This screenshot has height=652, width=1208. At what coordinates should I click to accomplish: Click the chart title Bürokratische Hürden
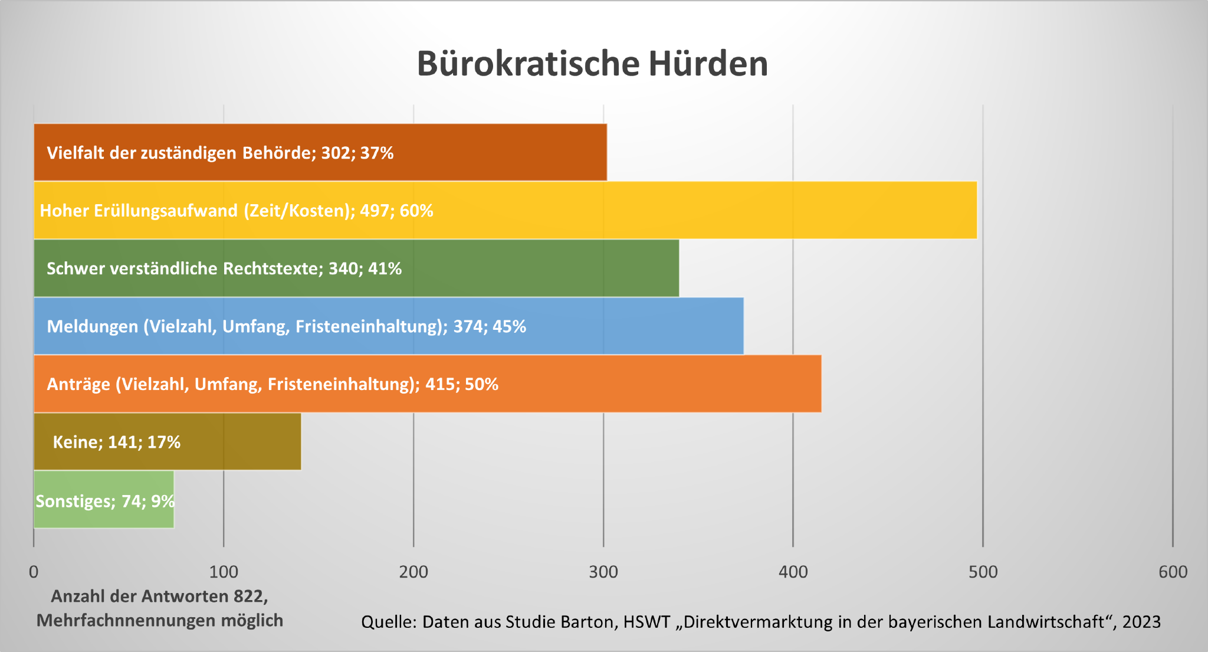point(592,64)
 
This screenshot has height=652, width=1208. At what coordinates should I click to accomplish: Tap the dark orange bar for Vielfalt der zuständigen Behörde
point(501,152)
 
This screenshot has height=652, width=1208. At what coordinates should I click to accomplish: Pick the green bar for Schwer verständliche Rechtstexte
point(531,268)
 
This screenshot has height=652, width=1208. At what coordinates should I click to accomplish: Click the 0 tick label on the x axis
point(34,571)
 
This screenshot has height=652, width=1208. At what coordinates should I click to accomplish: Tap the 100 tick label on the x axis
point(224,571)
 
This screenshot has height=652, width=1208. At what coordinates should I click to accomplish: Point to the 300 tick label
point(603,571)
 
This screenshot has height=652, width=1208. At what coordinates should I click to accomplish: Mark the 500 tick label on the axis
point(983,571)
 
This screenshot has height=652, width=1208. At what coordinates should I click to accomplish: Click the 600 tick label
point(1173,571)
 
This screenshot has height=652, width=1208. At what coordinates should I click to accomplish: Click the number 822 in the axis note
point(248,596)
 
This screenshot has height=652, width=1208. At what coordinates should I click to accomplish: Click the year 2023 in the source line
point(1141,622)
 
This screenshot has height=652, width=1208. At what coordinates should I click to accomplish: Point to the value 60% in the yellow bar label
point(416,211)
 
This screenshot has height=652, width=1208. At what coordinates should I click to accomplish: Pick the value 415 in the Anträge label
point(440,384)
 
